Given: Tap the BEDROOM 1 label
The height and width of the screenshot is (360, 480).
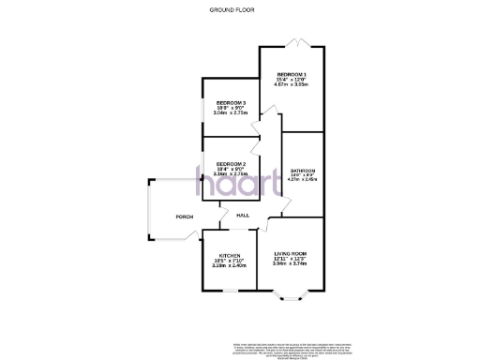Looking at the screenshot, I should point(292,74).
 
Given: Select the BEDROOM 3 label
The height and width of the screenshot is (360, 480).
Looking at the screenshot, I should point(231,102).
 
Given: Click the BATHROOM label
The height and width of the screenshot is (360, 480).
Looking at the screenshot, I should point(303,171).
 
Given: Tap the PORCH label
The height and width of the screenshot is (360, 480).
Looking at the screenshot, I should point(185,217).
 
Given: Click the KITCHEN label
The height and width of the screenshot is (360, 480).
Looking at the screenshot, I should point(231,254).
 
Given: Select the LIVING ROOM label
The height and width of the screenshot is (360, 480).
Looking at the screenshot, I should point(291,254).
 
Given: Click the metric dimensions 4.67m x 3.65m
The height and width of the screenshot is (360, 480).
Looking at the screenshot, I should point(292,85).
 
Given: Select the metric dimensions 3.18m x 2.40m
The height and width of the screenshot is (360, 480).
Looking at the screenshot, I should point(231,265).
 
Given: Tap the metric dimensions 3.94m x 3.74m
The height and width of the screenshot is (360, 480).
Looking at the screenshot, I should point(291,265).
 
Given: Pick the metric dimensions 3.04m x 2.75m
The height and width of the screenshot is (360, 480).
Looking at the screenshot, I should point(231,113).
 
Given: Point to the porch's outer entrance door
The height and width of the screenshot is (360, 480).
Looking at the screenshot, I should point(149,217).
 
